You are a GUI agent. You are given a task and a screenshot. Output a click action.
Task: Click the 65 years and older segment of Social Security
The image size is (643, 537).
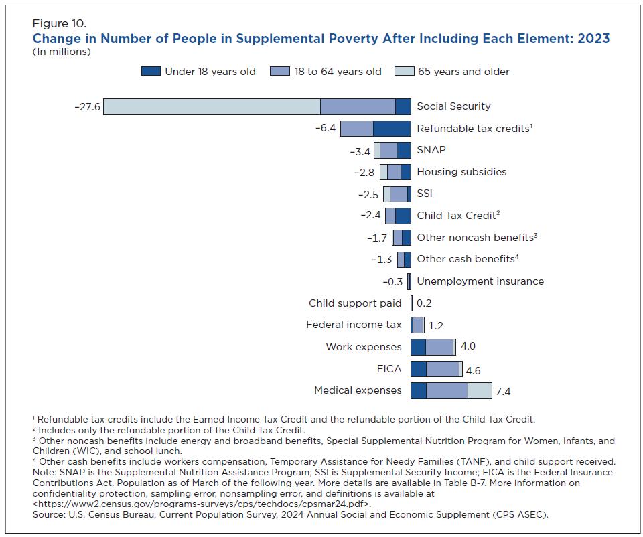pyautogui.click(x=212, y=106)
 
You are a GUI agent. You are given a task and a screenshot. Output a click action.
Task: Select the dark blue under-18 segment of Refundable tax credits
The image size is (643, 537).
pyautogui.click(x=392, y=129)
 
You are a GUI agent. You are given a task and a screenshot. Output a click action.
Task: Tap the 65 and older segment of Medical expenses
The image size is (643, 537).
pyautogui.click(x=480, y=390)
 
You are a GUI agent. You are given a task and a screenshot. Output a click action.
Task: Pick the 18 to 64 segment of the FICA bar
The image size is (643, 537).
pyautogui.click(x=443, y=369)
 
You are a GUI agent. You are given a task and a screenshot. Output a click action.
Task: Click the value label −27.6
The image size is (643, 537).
pyautogui.click(x=87, y=106)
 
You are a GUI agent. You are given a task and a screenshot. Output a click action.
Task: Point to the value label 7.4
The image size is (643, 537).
pyautogui.click(x=504, y=392)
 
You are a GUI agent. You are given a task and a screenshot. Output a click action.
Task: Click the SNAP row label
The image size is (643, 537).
pyautogui.click(x=431, y=150)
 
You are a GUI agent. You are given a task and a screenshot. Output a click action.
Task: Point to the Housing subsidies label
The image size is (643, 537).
pyautogui.click(x=461, y=172)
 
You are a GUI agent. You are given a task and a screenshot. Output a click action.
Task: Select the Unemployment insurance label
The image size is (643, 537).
pyautogui.click(x=480, y=281)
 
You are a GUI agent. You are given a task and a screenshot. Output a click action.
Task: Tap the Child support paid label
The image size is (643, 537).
pyautogui.click(x=355, y=303)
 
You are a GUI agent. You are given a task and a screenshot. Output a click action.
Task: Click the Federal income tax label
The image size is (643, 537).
pyautogui.click(x=354, y=325)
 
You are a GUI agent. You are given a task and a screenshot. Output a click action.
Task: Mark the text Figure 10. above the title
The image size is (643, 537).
pyautogui.click(x=59, y=25)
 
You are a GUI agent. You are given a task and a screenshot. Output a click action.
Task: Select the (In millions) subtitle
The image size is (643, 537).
pyautogui.click(x=61, y=52)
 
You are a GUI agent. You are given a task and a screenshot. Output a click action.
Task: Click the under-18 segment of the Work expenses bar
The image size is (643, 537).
pyautogui.click(x=418, y=347)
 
